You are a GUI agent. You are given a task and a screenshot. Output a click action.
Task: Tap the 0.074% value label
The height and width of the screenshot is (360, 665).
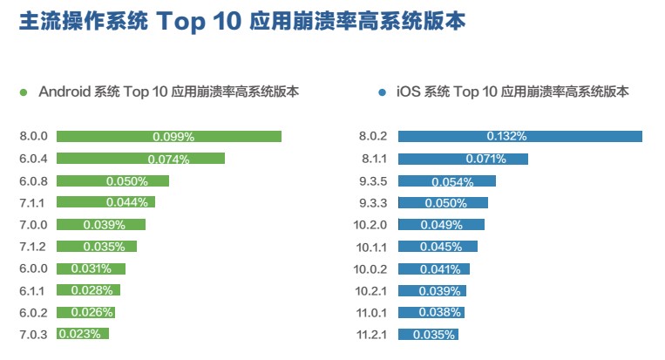pos(168,159)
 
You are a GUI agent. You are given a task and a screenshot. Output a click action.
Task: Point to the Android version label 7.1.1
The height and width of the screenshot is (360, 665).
pos(32,202)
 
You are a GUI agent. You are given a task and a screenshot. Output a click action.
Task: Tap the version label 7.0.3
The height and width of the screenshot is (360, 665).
pos(32,334)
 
